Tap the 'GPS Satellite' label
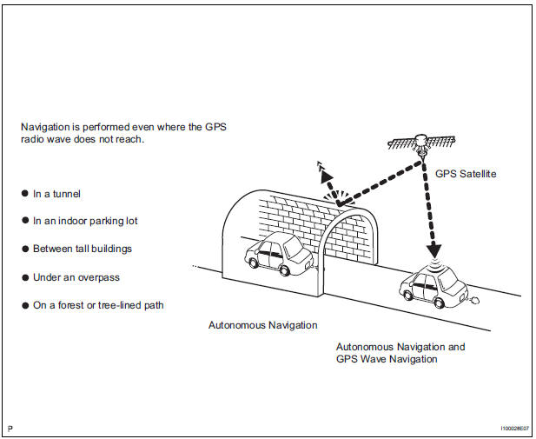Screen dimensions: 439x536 point(465,174)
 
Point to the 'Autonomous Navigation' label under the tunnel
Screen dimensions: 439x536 point(262,325)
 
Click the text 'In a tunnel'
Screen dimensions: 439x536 point(56,194)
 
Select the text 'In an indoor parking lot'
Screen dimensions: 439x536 point(85,221)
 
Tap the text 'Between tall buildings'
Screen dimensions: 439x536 point(83,249)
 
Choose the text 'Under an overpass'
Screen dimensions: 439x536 point(76,276)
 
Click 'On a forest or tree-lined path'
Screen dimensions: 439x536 point(98,305)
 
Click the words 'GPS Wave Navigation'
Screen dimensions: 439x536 point(387,359)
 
